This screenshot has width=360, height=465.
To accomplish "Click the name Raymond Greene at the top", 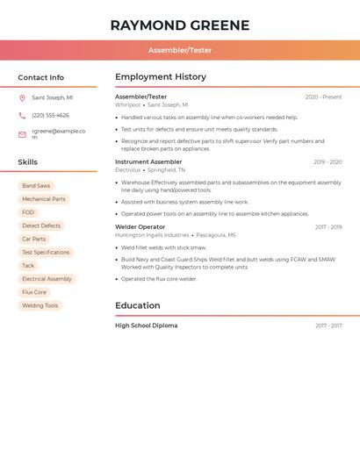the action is [x=180, y=25].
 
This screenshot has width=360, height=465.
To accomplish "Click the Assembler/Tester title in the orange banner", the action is [x=180, y=50].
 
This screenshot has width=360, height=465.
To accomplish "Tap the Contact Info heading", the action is [x=41, y=77].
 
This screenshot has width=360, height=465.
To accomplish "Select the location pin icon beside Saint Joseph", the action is [x=22, y=98].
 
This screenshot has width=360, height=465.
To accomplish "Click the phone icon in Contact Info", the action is [x=22, y=116].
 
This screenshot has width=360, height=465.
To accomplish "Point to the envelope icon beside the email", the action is [x=22, y=134].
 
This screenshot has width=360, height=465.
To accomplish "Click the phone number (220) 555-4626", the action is [x=50, y=116].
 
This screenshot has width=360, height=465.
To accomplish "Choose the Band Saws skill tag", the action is [x=36, y=186].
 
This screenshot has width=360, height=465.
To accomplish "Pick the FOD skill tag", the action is [x=28, y=212].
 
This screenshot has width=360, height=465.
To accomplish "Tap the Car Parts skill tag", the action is [x=33, y=239].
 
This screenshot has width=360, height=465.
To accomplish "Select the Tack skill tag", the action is [x=28, y=266].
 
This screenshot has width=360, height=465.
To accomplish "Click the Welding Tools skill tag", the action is [x=40, y=305].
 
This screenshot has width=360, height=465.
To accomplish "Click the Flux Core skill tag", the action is [x=34, y=292].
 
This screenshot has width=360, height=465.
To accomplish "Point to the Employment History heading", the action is [x=161, y=77].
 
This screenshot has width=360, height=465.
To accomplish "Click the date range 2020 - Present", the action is [x=323, y=97].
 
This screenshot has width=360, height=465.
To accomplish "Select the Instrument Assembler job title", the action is [x=148, y=162].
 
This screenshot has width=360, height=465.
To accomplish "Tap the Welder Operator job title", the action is [x=140, y=227].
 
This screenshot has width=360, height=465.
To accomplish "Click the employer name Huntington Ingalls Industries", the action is [x=152, y=235].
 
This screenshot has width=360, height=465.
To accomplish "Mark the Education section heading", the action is [x=138, y=306].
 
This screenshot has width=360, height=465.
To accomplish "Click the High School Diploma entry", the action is [x=146, y=326].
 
